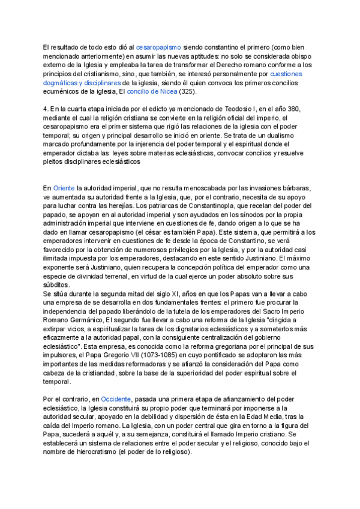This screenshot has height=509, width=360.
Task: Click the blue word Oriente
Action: click(64, 188)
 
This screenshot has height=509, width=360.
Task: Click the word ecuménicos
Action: click(62, 92)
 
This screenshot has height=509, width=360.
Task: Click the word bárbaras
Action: click(298, 188)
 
